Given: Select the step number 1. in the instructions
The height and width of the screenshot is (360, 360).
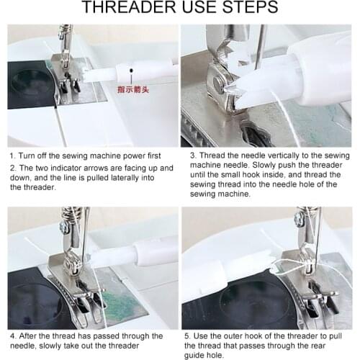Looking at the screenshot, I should click(12, 154).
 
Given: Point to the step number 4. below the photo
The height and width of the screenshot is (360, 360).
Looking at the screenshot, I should click(12, 336).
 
